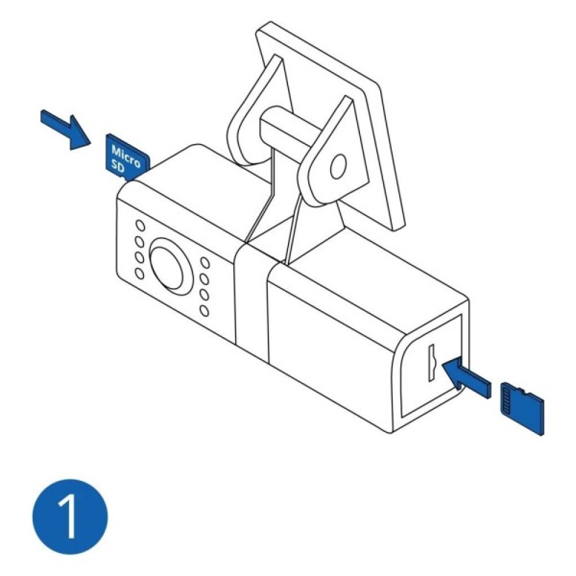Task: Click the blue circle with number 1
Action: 70,517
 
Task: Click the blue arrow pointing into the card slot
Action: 467,378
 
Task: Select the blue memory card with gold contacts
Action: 522,408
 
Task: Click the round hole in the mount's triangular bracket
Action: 338,167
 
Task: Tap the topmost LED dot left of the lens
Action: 140,225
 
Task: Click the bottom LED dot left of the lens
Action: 139,274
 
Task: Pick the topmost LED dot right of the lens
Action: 204,263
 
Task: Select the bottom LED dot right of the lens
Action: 204,311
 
